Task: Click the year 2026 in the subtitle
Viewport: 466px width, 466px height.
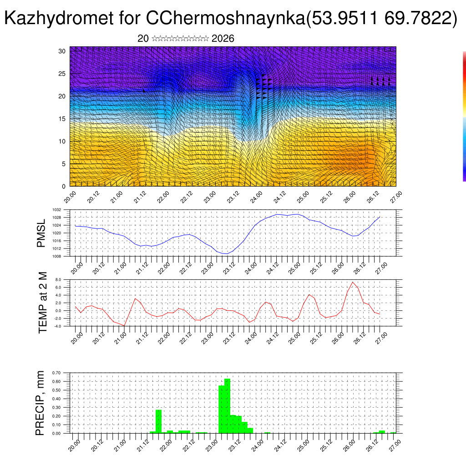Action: click(x=223, y=39)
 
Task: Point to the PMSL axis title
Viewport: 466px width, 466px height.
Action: click(x=41, y=233)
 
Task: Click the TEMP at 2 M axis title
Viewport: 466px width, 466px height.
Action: click(x=43, y=302)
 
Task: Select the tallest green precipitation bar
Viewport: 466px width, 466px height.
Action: click(x=227, y=405)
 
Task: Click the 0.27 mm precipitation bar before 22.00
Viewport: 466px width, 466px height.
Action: click(x=159, y=421)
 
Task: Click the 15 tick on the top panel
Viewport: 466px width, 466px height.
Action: click(x=62, y=119)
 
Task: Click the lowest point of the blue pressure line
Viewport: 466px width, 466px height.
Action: click(x=226, y=253)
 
